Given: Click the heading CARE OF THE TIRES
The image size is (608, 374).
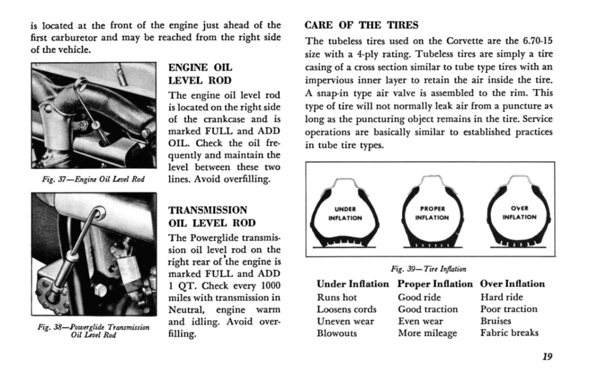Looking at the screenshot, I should tap(362, 25).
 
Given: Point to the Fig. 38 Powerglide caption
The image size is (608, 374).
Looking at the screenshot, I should tap(93, 331).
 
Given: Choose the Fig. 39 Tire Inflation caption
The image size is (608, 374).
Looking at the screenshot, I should tap(429, 269).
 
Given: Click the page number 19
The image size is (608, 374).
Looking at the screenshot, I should tap(547, 357).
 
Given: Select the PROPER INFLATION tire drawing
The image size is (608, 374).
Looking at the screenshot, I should tap(432, 214).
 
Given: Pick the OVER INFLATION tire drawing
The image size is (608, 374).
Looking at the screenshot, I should tap(519, 213).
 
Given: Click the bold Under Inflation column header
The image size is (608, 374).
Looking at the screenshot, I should tap(353, 284).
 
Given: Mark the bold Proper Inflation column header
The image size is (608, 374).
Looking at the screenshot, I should tap(435, 284).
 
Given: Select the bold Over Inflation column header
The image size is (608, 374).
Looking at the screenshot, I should tap(512, 284).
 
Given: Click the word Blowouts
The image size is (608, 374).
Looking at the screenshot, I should tap(337, 333).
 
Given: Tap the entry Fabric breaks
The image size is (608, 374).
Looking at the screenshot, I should tap(509, 333).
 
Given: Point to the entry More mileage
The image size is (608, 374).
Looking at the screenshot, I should tap(427, 333).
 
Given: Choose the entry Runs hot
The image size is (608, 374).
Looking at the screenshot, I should tap(337, 297).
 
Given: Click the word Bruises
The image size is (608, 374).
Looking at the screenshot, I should tap(496, 321).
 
